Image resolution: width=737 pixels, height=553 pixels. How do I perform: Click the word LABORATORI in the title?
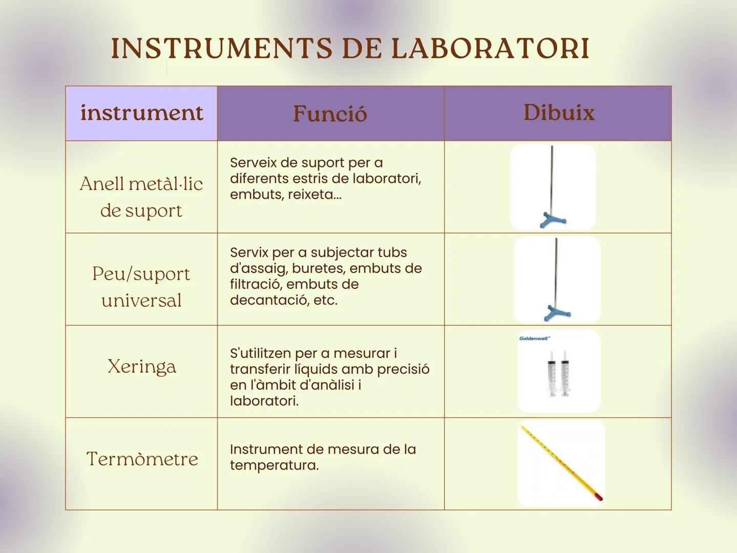[490, 49]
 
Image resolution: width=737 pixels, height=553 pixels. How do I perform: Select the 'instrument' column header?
[141, 113]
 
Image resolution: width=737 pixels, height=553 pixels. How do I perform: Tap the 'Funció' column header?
[330, 114]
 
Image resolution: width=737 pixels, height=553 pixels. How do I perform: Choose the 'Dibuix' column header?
[559, 113]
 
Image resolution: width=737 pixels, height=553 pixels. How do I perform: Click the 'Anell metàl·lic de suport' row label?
[141, 197]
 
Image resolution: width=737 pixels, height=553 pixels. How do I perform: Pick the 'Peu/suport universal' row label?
[141, 287]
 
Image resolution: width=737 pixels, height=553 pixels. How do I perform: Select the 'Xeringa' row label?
[141, 367]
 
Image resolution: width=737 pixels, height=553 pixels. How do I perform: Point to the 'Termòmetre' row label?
[142, 459]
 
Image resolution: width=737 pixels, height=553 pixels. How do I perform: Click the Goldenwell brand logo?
[534, 338]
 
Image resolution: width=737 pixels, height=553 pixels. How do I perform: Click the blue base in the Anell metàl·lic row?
[553, 221]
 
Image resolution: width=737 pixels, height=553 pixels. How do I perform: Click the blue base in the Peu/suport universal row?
[556, 312]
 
